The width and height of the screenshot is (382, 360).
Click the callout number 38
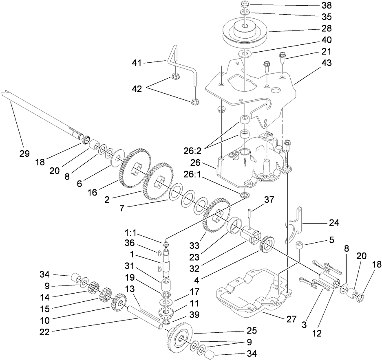(326, 6)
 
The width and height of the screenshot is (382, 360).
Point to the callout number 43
(326, 63)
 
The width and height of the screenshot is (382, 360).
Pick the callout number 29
(24, 154)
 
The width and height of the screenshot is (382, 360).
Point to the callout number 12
(317, 333)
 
